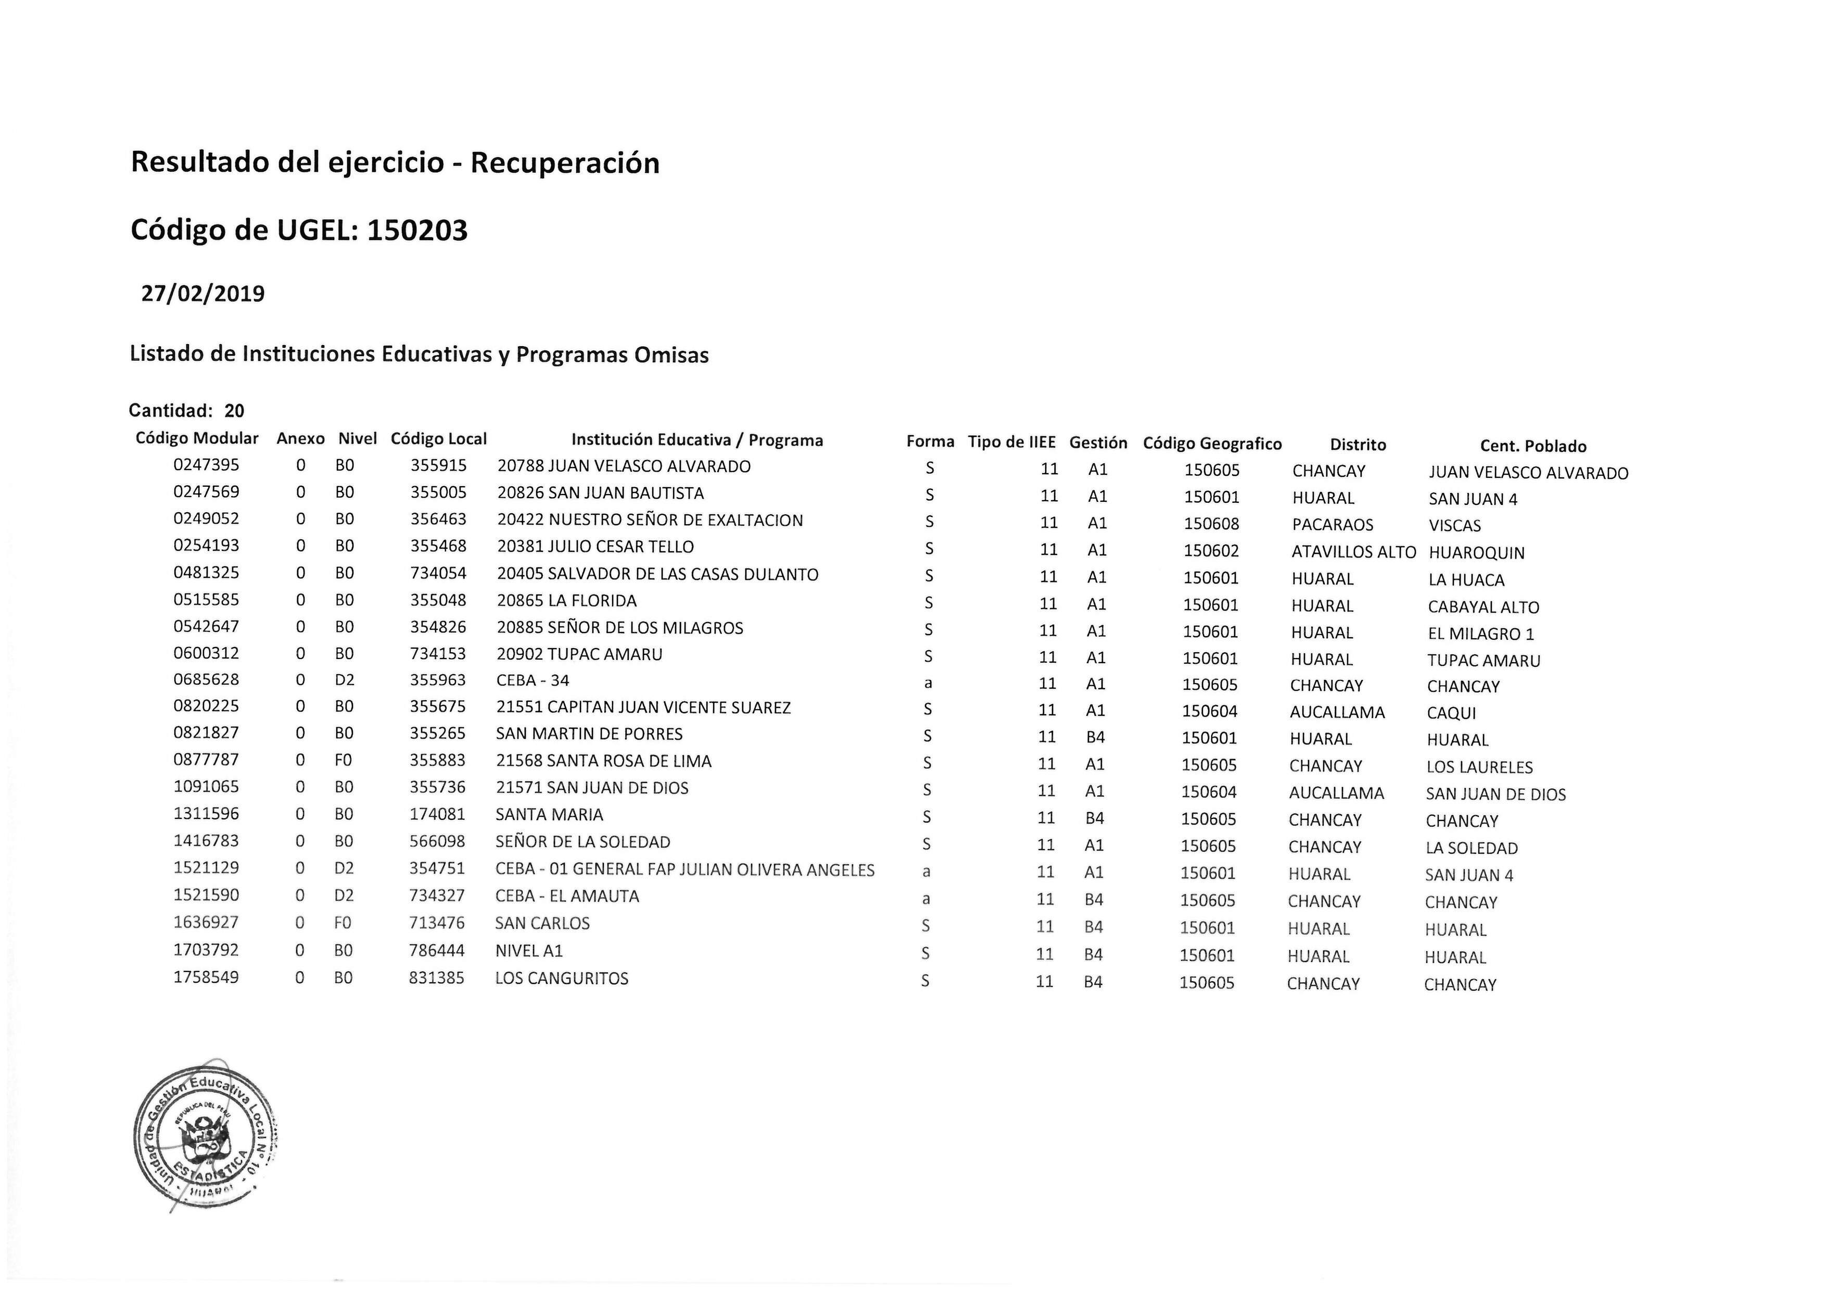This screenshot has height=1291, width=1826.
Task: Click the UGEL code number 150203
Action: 417,231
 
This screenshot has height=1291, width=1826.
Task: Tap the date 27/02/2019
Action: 203,294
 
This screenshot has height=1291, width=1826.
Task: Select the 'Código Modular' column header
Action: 197,438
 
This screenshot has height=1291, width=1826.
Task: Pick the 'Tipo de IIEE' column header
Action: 1011,442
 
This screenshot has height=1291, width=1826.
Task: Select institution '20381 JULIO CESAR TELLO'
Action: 595,547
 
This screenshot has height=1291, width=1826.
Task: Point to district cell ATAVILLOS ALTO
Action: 1353,552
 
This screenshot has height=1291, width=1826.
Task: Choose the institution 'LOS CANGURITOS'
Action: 562,978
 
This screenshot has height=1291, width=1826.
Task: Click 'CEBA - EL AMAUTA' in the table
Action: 567,896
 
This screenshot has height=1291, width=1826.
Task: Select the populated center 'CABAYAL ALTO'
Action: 1483,607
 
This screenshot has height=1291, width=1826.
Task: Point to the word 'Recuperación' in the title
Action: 565,163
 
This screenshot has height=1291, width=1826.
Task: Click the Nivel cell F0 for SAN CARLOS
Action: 343,923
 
